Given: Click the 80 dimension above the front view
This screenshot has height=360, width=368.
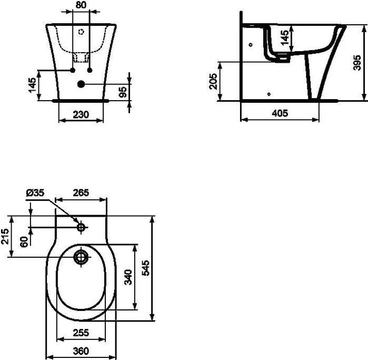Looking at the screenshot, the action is tap(81, 5).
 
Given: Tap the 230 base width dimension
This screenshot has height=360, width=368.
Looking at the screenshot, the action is tap(81, 115).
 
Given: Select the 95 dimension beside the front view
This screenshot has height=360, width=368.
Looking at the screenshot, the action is tap(123, 92).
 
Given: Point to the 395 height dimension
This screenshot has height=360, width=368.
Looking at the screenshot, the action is tap(357, 63).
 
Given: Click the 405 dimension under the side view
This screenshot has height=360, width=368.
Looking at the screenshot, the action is tap(280, 113).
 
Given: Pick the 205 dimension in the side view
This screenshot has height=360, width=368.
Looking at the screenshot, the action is tap(213, 81).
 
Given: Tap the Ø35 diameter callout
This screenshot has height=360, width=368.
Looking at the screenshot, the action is tap(35, 193).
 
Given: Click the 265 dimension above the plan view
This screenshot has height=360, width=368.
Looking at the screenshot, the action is tap(81, 193).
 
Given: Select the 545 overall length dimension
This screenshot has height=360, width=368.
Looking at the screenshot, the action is tap(145, 268).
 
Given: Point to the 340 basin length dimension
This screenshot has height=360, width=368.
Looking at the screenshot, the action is tap(128, 277).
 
